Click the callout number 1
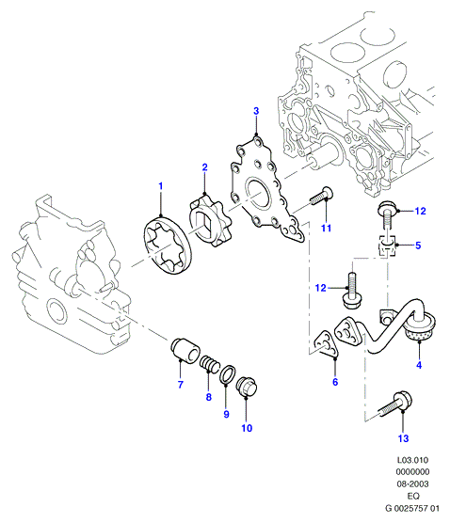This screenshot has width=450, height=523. pyautogui.click(x=161, y=186)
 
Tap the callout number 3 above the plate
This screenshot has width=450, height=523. pyautogui.click(x=256, y=111)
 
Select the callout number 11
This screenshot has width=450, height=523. pyautogui.click(x=326, y=229)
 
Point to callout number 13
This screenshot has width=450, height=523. pyautogui.click(x=403, y=438)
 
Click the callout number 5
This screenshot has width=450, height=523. pyautogui.click(x=418, y=246)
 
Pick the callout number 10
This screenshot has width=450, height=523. pyautogui.click(x=247, y=428)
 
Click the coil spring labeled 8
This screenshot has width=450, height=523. pyautogui.click(x=210, y=364)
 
